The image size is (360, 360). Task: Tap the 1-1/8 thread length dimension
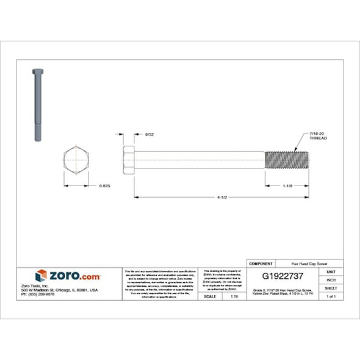(x=289, y=185)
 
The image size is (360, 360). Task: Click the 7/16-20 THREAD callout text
(x=318, y=136)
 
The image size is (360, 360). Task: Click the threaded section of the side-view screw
(x=289, y=159)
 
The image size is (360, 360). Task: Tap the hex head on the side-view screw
(x=128, y=159)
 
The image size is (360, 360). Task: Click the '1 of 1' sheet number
(x=331, y=296)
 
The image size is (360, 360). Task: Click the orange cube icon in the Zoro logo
(x=41, y=276)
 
